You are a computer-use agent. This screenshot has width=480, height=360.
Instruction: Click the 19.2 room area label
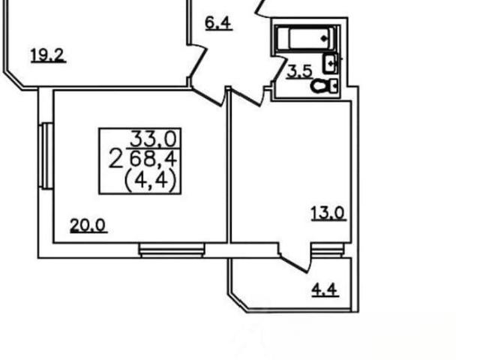(48, 55)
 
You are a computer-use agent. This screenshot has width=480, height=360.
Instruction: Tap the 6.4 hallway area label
(218, 23)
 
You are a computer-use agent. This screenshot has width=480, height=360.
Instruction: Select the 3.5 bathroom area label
(299, 72)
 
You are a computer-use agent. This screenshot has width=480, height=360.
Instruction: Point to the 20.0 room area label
(88, 225)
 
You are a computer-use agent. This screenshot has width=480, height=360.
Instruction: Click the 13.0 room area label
(328, 213)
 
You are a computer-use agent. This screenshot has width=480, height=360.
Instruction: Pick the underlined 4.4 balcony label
(325, 289)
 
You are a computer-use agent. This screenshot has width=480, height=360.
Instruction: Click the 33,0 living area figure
(154, 139)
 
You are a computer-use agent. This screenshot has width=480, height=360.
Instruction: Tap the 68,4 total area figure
(154, 159)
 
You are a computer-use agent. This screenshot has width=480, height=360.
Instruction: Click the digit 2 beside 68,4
(115, 159)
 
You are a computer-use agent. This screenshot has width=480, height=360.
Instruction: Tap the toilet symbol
(324, 86)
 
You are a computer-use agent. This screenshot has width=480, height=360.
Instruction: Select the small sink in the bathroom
(331, 64)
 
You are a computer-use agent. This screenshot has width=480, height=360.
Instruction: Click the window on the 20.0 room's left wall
(46, 156)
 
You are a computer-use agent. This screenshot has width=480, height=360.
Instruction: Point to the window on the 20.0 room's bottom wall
(172, 250)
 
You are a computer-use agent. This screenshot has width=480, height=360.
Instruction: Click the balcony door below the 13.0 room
(295, 257)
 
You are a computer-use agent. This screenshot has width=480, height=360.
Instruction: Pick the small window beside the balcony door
(327, 250)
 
